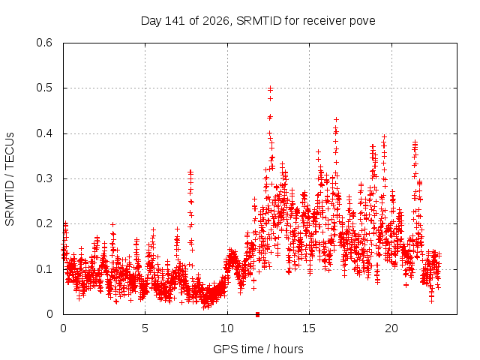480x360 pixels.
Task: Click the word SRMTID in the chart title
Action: coord(259,21)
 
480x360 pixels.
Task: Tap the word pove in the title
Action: coord(363,22)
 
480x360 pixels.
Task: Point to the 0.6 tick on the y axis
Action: coord(44,43)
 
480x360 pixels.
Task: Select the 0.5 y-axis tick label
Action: coord(44,88)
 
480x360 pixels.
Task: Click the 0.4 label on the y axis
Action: coord(44,133)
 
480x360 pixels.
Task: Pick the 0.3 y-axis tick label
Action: coord(44,178)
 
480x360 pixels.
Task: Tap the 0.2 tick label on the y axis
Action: coord(44,223)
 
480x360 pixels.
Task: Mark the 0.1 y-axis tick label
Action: coord(44,269)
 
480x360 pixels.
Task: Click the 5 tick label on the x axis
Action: coord(145,328)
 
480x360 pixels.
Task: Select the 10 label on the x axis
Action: coord(227,328)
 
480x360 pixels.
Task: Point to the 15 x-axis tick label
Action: coord(309,328)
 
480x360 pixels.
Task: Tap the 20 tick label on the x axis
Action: coord(391,328)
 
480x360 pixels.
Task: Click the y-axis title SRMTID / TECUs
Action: coord(10,179)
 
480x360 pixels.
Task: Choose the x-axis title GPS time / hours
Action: coord(258,349)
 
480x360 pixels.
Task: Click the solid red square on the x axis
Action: coord(257,314)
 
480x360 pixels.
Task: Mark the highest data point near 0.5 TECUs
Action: coord(270,88)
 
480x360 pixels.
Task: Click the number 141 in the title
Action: coord(175,21)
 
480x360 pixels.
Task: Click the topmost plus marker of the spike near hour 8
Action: coord(190,172)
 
